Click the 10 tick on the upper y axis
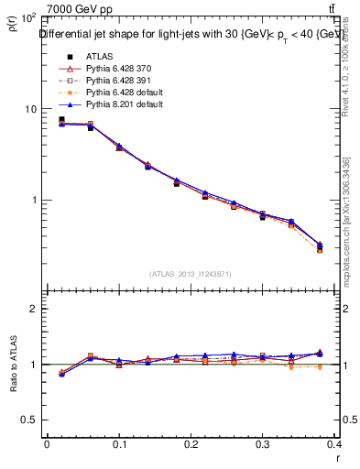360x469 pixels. tap(29, 109)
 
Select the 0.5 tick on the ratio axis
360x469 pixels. tap(27, 420)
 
